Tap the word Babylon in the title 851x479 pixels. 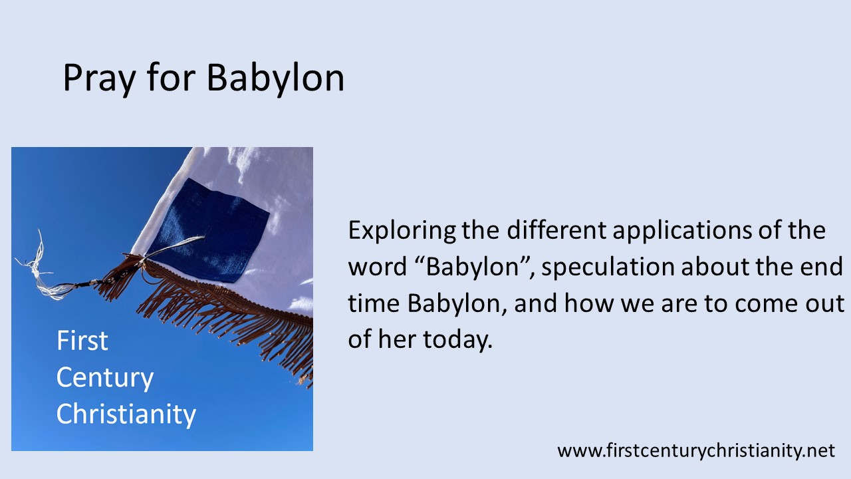pos(275,79)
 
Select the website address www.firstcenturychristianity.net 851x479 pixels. pos(695,450)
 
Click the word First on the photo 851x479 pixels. pos(82,341)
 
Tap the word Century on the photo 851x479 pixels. pos(104,378)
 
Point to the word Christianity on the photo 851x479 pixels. pos(126,414)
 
